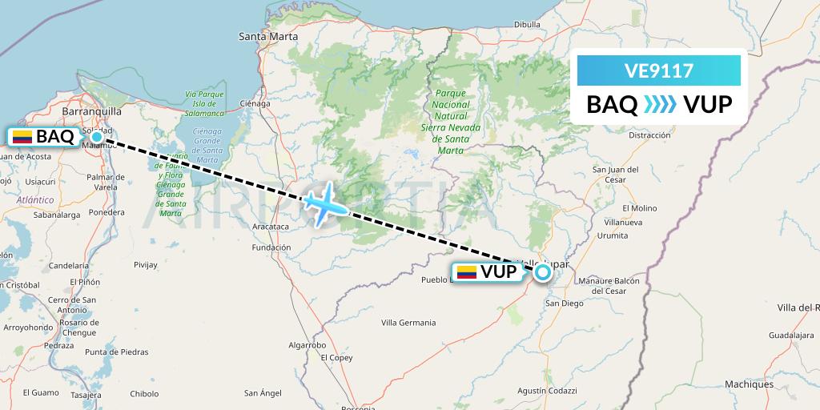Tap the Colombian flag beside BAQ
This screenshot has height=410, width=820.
[22, 137]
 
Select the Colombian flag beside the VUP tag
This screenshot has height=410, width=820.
[467, 273]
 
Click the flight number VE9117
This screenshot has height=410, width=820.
[659, 70]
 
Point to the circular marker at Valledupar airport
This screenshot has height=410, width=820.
[543, 272]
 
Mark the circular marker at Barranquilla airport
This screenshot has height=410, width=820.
[97, 137]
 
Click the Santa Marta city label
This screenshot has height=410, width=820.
[268, 36]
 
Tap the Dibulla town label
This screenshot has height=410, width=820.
[527, 24]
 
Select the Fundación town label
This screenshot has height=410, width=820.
[271, 247]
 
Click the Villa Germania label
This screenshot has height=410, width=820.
[408, 323]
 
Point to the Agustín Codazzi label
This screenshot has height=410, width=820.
[548, 390]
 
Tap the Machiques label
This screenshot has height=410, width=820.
[750, 384]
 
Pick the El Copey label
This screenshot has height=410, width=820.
[336, 357]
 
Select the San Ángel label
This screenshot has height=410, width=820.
[263, 392]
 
